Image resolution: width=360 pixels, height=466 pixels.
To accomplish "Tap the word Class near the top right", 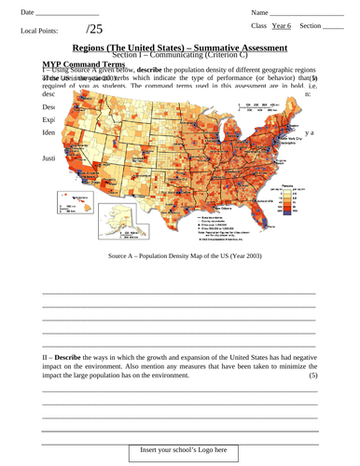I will click(x=260, y=27).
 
